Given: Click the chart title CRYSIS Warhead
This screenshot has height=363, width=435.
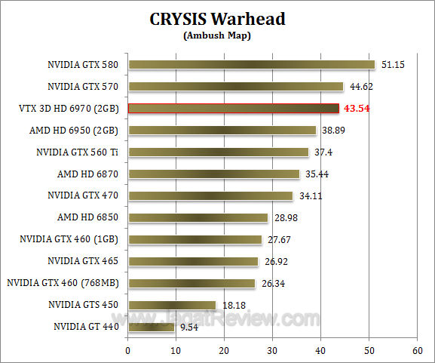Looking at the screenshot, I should tap(218, 20).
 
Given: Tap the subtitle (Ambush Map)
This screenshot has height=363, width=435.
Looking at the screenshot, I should tap(218, 35).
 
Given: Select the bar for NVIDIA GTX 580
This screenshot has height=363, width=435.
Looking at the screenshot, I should tap(251, 65).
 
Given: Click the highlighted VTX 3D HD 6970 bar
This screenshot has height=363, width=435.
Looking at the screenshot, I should tap(234, 109).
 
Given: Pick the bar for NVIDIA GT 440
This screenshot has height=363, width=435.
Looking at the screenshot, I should tap(152, 327).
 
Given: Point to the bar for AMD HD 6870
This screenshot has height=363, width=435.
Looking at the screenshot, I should tap(213, 174).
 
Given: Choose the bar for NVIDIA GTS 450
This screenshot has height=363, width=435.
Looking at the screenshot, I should tap(172, 305).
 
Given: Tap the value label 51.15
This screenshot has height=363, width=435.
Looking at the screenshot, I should tap(393, 65).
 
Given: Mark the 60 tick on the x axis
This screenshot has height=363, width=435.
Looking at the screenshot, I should tap(417, 351).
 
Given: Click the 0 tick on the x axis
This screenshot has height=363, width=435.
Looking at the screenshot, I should tap(128, 351).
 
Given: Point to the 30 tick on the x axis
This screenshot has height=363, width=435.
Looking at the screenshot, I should tap(273, 351).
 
